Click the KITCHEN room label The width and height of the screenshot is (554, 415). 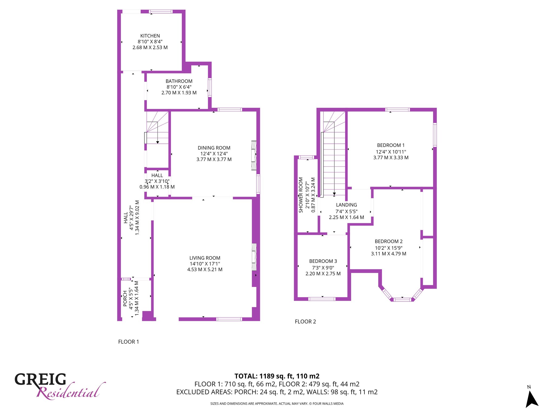(150, 36)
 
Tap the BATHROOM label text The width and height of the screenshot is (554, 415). (179, 81)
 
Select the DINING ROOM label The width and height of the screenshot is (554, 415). (214, 148)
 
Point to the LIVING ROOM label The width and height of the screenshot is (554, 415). (205, 258)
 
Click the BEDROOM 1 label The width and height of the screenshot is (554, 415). (391, 145)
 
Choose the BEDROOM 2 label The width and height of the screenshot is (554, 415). (389, 242)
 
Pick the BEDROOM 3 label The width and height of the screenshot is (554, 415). (323, 261)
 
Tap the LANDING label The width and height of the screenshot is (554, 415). (347, 205)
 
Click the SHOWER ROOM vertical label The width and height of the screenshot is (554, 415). (301, 195)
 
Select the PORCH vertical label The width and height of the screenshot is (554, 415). (125, 299)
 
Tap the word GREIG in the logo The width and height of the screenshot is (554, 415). (40, 379)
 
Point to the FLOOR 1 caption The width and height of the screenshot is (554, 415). (128, 342)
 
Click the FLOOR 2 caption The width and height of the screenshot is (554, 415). (305, 322)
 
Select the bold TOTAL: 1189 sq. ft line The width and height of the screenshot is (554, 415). (277, 376)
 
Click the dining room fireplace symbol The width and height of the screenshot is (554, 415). (254, 155)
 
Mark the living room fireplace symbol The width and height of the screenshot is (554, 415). (254, 257)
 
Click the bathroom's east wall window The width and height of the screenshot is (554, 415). (210, 88)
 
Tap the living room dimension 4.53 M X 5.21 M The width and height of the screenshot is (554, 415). (205, 270)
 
